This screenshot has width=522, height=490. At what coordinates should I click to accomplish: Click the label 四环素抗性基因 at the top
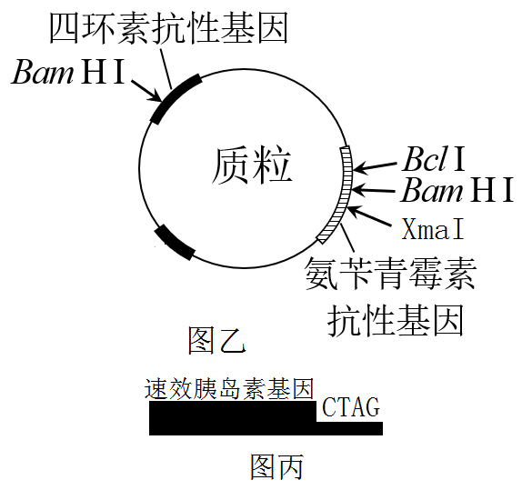pos(168,28)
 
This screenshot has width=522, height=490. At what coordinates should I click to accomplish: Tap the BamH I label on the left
pos(68,72)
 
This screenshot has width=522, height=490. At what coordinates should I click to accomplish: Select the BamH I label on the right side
pos(457,190)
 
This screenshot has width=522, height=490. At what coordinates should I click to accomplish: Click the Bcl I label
pos(434,159)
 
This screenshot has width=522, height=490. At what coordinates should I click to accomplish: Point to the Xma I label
pos(433,229)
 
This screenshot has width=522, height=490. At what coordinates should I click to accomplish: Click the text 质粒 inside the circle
pos(252,165)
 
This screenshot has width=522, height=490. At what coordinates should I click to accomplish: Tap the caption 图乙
pos(216,340)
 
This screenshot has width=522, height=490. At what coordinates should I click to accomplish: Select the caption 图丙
pos(276,466)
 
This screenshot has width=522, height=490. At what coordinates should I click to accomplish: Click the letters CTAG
pos(351,406)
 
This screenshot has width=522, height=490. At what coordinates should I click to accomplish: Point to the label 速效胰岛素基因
pos(229,388)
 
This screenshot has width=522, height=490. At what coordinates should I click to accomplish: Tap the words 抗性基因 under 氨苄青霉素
pos(397,321)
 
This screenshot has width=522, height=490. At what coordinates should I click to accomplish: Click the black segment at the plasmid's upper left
pos(176,98)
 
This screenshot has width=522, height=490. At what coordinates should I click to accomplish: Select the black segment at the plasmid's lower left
pos(176,243)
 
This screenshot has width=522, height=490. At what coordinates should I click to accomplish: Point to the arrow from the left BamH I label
pos(146,91)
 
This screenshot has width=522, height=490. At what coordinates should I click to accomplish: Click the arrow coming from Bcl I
pos(375,167)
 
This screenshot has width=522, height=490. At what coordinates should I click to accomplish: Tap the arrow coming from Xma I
pos(369,215)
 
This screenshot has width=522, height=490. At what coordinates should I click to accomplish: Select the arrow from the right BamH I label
pos(374,190)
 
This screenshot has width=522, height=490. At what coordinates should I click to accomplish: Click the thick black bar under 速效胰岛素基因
pos(266,418)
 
